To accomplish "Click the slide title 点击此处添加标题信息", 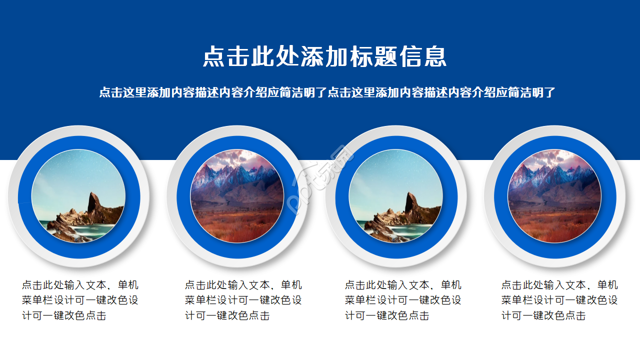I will click(x=324, y=56).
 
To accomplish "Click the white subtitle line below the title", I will click(x=327, y=92).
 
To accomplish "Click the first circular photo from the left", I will click(x=78, y=196).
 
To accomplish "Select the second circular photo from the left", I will click(x=237, y=196).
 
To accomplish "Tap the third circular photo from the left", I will click(x=395, y=196).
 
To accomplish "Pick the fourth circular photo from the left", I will click(x=554, y=196).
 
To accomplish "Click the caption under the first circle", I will click(x=80, y=300).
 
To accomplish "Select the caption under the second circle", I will click(x=243, y=300).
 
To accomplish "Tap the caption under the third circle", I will click(x=403, y=300).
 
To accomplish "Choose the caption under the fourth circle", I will click(x=559, y=300).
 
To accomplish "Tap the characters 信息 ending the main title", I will click(x=422, y=56).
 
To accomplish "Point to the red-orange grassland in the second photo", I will click(x=237, y=225).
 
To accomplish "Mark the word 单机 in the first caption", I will click(x=128, y=285).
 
